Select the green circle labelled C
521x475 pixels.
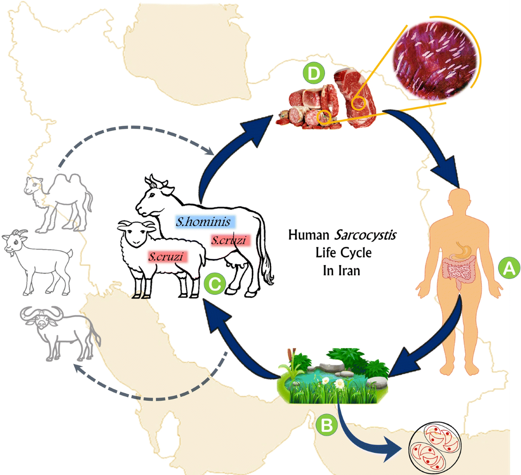tap(214, 285)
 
